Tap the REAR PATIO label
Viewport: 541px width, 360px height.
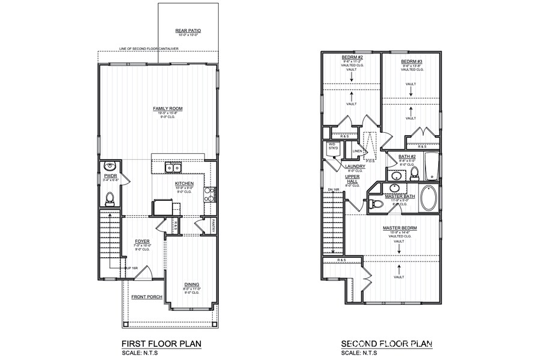(189, 29)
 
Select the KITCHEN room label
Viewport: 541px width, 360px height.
(184, 183)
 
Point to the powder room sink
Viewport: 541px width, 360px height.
(109, 166)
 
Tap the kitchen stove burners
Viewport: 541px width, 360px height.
(209, 194)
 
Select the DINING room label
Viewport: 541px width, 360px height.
(192, 284)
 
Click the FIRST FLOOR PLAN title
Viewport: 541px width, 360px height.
(160, 344)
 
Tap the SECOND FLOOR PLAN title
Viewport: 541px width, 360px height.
(387, 344)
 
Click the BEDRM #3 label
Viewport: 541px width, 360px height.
(411, 61)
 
